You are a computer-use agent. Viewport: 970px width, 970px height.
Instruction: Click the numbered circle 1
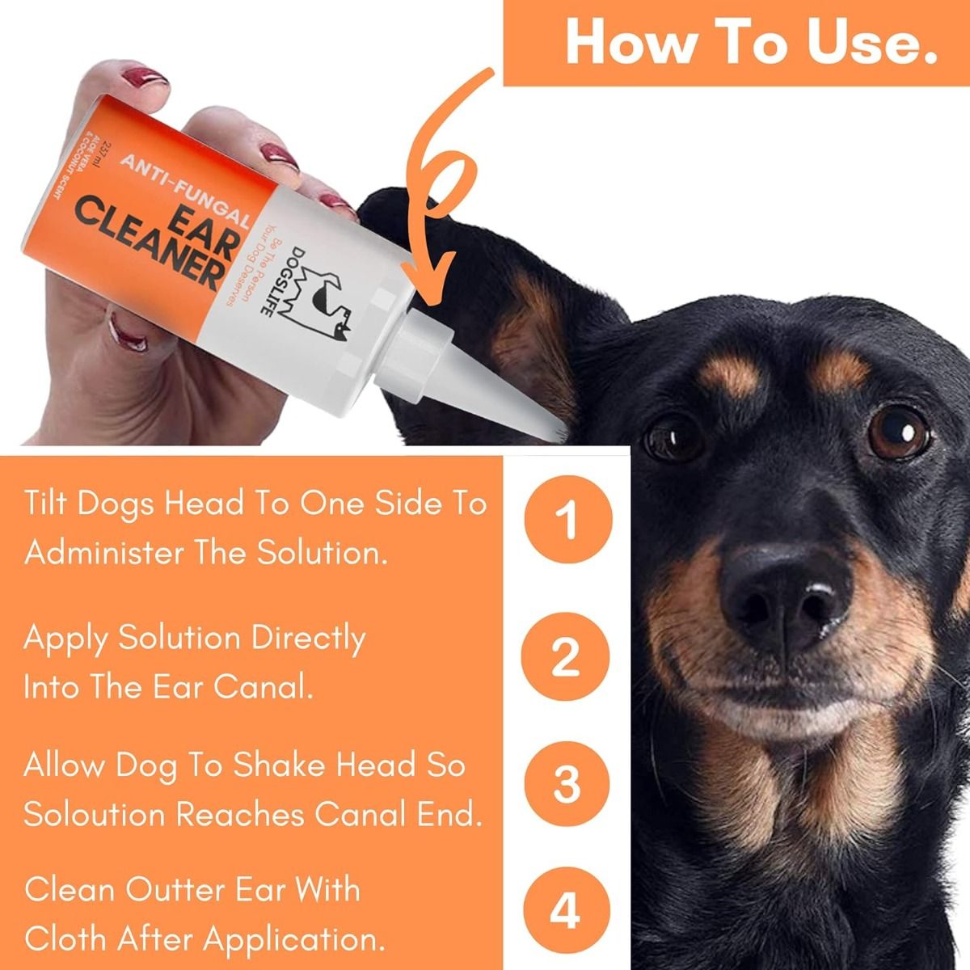(567, 521)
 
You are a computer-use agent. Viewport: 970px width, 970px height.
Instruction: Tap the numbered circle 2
(567, 657)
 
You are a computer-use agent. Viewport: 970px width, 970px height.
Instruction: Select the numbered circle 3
(567, 782)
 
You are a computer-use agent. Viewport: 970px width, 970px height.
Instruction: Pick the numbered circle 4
(567, 910)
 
